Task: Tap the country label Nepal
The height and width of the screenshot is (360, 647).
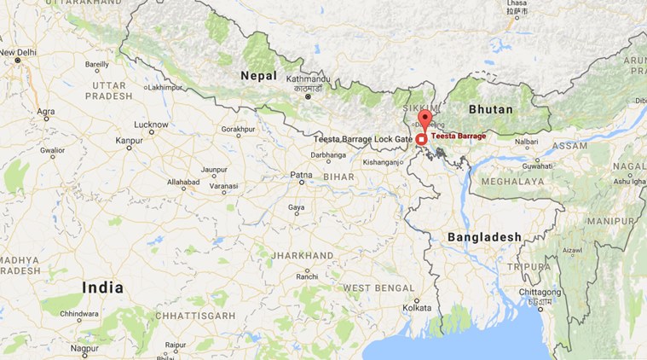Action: (258, 77)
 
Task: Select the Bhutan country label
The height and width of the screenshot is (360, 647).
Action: (491, 109)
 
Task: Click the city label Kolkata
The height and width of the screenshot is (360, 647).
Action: (417, 307)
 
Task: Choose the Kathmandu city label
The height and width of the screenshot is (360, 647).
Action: (309, 78)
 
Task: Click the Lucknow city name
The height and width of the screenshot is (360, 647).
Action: (151, 124)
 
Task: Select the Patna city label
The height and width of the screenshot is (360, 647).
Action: (301, 175)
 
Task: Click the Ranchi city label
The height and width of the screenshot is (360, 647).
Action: (308, 276)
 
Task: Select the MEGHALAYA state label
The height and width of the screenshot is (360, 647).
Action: (511, 182)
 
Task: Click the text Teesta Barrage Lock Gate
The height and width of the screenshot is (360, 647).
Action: (363, 138)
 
